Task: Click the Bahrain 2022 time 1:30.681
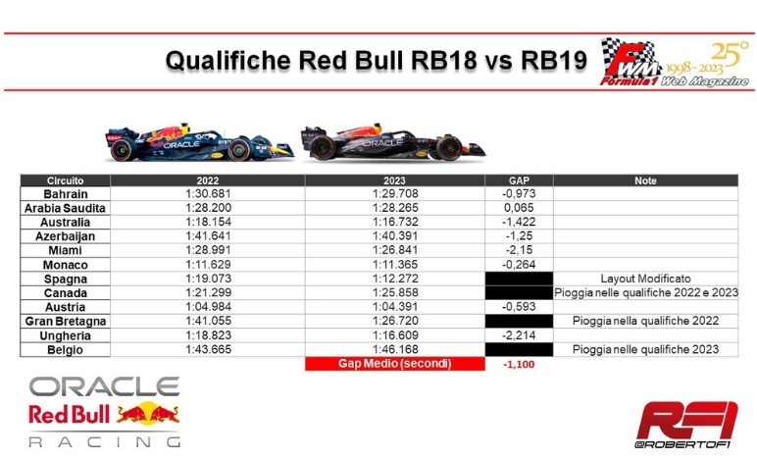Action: pyautogui.click(x=208, y=193)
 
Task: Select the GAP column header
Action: pyautogui.click(x=519, y=180)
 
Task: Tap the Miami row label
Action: pyautogui.click(x=65, y=250)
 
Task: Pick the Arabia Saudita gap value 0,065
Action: pyautogui.click(x=519, y=208)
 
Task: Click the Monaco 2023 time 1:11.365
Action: pyautogui.click(x=395, y=265)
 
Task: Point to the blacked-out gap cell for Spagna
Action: pyautogui.click(x=519, y=279)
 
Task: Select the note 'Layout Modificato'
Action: pyautogui.click(x=645, y=279)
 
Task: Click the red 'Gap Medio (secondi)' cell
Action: pyautogui.click(x=395, y=364)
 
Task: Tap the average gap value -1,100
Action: pyautogui.click(x=519, y=365)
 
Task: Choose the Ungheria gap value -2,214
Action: pyautogui.click(x=519, y=335)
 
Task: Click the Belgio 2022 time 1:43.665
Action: pyautogui.click(x=208, y=349)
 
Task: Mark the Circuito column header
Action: pyautogui.click(x=65, y=180)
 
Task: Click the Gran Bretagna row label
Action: pyautogui.click(x=65, y=321)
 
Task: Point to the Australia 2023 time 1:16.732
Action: pyautogui.click(x=395, y=222)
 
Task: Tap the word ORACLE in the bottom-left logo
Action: pyautogui.click(x=104, y=386)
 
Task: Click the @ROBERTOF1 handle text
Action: pyautogui.click(x=682, y=444)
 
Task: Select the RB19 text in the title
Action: pyautogui.click(x=554, y=61)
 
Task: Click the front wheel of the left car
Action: pyautogui.click(x=239, y=149)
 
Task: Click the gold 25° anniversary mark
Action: pyautogui.click(x=730, y=54)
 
